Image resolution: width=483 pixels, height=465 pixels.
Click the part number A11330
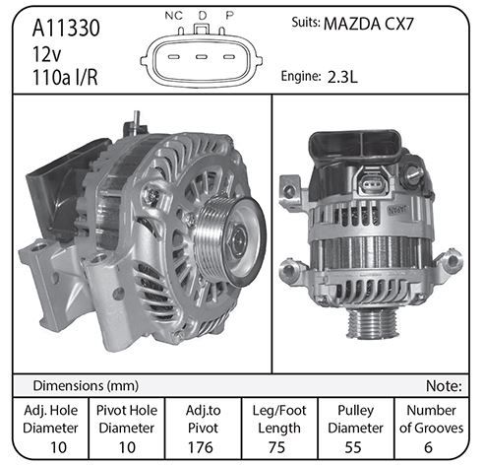click(x=66, y=28)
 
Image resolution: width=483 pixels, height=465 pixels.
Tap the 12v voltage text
click(x=46, y=54)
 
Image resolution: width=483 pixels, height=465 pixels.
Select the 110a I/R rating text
click(x=65, y=78)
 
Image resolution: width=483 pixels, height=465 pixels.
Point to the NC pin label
click(x=174, y=16)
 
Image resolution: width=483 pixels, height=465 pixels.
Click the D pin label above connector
click(x=203, y=15)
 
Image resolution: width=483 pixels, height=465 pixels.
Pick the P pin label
click(x=229, y=15)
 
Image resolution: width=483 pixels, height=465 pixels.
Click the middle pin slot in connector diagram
click(x=202, y=57)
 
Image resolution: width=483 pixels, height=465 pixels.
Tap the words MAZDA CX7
click(x=369, y=24)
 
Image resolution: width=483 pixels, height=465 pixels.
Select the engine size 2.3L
click(x=342, y=77)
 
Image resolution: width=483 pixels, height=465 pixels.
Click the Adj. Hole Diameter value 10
click(x=58, y=447)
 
